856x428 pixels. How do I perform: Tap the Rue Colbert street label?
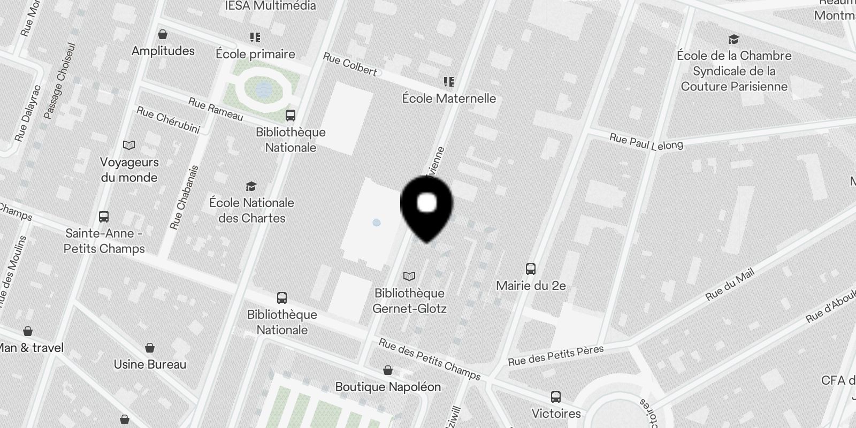(x=350, y=64)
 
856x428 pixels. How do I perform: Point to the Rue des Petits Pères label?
(x=556, y=356)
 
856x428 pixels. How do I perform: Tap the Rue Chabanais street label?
(x=184, y=197)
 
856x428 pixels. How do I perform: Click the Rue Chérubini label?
(x=168, y=120)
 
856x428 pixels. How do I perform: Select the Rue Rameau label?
(x=216, y=109)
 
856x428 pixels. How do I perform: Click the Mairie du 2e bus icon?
(x=531, y=269)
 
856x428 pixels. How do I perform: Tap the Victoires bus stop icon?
(x=556, y=397)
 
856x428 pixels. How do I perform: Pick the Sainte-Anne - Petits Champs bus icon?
(x=104, y=217)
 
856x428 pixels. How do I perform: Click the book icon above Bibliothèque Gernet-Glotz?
(x=409, y=277)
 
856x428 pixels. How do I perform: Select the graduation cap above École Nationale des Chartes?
(x=251, y=186)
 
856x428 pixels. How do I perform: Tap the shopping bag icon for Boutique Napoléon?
(x=388, y=370)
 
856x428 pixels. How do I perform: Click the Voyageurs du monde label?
(x=129, y=170)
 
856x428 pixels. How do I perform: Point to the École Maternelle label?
(x=449, y=98)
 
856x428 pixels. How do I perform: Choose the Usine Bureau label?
(x=150, y=364)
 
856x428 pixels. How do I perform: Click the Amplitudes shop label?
(x=163, y=51)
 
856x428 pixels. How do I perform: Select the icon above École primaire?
(x=255, y=37)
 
